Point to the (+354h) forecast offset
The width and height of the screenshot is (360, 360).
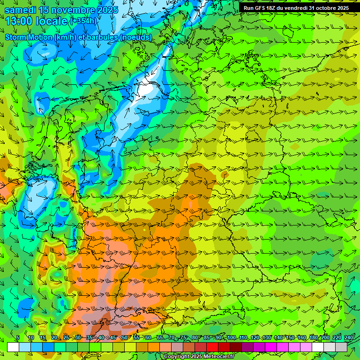tap(84, 21)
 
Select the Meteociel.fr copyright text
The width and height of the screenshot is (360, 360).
tap(199, 356)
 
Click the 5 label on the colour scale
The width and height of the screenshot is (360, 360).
tap(18, 337)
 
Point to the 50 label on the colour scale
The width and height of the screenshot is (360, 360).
tap(124, 337)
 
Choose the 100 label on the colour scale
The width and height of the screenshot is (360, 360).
tap(231, 337)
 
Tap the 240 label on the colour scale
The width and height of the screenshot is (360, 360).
tap(349, 337)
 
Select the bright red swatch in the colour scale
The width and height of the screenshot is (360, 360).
tap(212, 347)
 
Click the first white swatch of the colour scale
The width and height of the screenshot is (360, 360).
tap(13, 347)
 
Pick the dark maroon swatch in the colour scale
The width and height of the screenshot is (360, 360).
tap(236, 347)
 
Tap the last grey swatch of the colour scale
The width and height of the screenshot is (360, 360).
tap(341, 347)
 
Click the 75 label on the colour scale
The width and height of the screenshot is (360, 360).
tap(183, 337)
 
